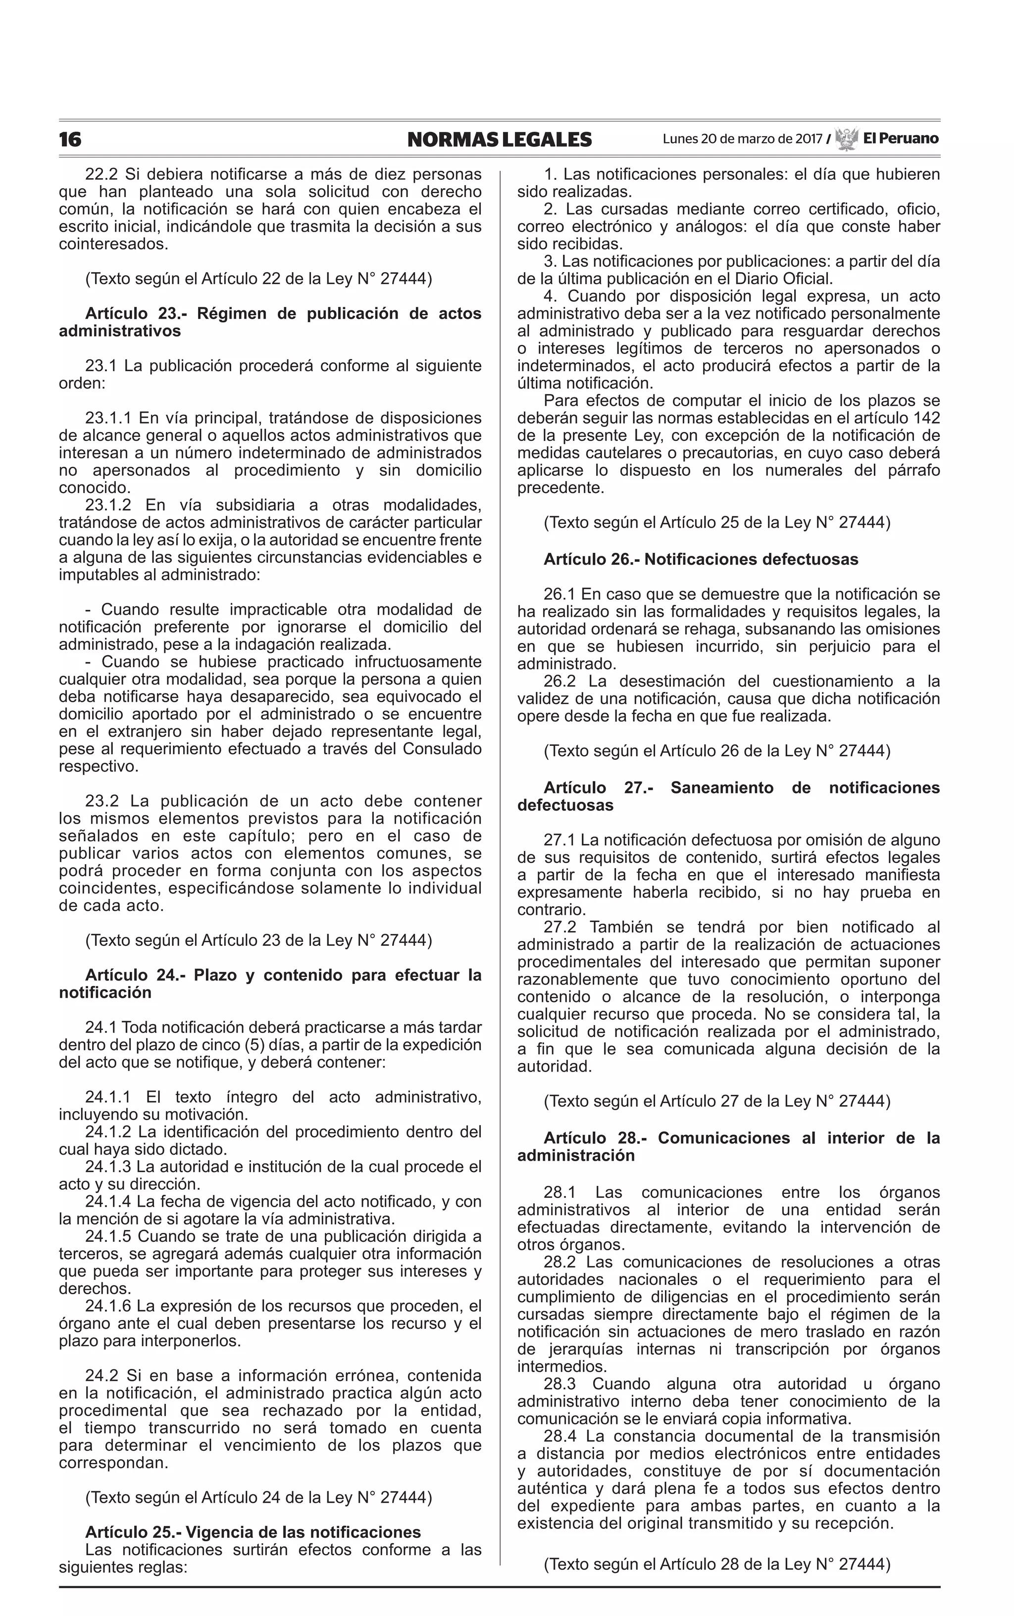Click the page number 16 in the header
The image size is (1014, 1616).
[x=70, y=140]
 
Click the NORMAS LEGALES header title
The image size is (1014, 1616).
[x=499, y=140]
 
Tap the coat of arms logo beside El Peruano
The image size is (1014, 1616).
[x=846, y=139]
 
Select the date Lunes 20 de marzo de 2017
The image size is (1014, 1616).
[x=742, y=140]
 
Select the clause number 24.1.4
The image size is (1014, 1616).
[x=110, y=1202]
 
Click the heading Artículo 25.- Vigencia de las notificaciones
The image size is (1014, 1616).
[x=253, y=1532]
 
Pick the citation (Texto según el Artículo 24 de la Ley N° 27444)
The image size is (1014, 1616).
[x=258, y=1497]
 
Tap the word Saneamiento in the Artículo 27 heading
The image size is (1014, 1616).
[x=721, y=787]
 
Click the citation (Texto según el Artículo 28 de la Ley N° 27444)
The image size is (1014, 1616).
[x=717, y=1565]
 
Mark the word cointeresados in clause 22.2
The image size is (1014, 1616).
[x=113, y=244]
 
